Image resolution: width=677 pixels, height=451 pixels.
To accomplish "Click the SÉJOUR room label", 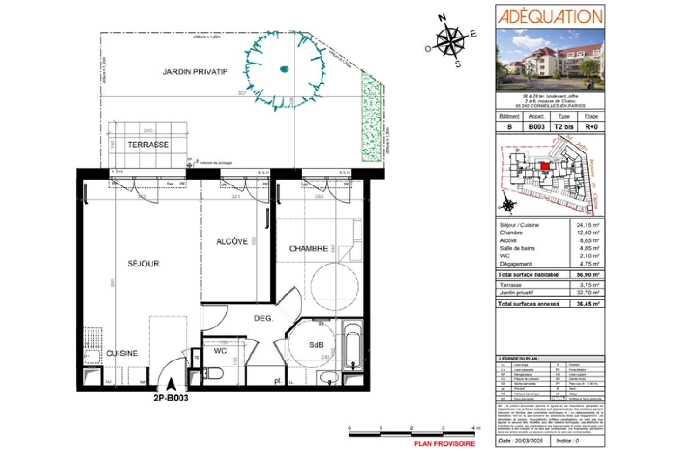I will tap(143, 264).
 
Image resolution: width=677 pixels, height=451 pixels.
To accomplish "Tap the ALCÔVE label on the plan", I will tap(232, 242).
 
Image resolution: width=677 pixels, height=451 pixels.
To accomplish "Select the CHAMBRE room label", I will tap(308, 249).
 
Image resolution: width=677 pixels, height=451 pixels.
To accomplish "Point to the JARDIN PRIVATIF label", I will tap(195, 72).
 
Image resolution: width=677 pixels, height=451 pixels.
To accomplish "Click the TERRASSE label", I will tap(148, 145).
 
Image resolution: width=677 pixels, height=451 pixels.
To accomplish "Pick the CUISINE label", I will tap(122, 353).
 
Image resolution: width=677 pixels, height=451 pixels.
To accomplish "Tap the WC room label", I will tap(220, 351).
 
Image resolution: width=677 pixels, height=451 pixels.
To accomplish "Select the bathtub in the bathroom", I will tap(352, 345).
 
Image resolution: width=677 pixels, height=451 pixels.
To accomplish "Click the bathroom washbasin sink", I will tap(329, 377).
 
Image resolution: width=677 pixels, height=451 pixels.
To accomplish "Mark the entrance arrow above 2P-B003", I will tap(171, 385).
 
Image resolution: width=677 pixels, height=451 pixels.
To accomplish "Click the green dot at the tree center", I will tap(284, 69).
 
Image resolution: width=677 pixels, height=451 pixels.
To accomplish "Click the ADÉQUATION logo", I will tap(550, 17).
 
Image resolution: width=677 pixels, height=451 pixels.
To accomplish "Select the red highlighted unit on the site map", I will tap(545, 166).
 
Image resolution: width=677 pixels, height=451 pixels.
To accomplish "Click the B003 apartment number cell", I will tap(537, 127).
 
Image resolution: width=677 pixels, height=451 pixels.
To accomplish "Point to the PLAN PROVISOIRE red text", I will tap(444, 444).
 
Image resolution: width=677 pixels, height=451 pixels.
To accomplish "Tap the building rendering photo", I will tap(550, 60).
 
